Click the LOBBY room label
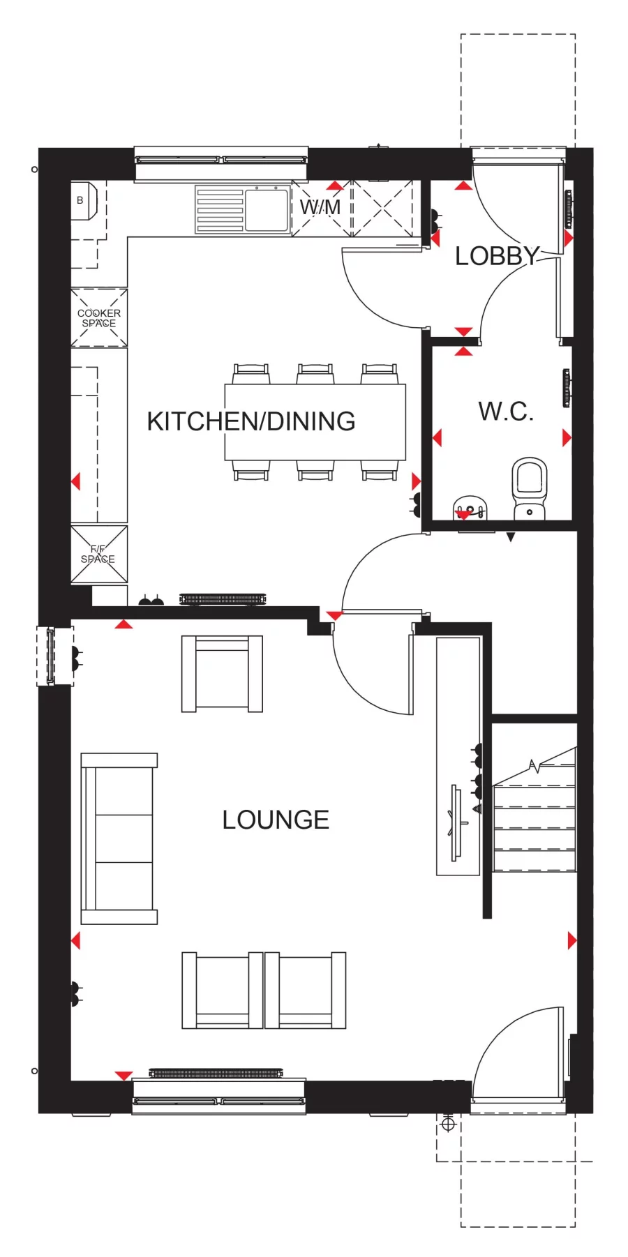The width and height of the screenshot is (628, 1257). pyautogui.click(x=498, y=256)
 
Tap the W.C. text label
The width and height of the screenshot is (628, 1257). pyautogui.click(x=506, y=411)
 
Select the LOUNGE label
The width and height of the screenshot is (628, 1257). pyautogui.click(x=276, y=820)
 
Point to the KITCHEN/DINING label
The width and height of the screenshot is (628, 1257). pyautogui.click(x=251, y=421)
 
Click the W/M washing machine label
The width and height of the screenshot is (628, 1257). pyautogui.click(x=320, y=207)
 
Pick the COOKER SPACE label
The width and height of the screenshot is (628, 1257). pyautogui.click(x=99, y=318)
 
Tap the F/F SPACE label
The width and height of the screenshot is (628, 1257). pyautogui.click(x=98, y=555)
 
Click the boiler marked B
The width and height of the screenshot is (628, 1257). pyautogui.click(x=82, y=200)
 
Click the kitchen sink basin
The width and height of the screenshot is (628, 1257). pyautogui.click(x=266, y=209)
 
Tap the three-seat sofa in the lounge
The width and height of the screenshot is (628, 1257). pyautogui.click(x=119, y=838)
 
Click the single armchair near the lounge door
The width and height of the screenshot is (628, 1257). pyautogui.click(x=222, y=674)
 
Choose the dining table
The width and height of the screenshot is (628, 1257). pyautogui.click(x=315, y=422)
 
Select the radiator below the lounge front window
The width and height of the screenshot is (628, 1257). pyautogui.click(x=216, y=1073)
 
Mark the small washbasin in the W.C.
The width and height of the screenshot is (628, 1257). pyautogui.click(x=470, y=507)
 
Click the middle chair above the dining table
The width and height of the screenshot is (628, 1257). pyautogui.click(x=315, y=374)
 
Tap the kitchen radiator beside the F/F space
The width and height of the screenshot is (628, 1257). pyautogui.click(x=223, y=599)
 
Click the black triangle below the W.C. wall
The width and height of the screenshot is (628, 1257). pyautogui.click(x=511, y=537)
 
